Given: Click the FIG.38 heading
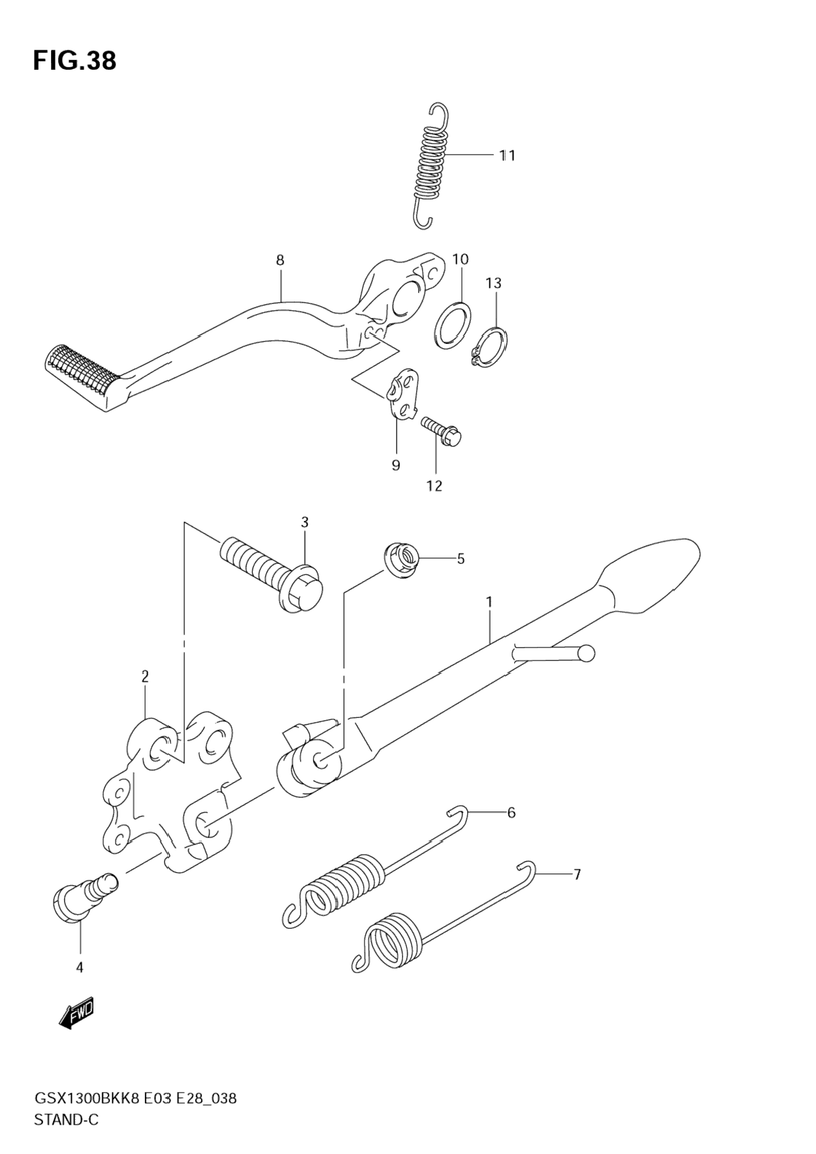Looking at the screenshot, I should coord(74,61).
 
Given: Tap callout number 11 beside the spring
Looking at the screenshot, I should coord(508,155).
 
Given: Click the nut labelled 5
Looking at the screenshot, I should coord(400,560).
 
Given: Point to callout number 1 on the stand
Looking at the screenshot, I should coord(489,601).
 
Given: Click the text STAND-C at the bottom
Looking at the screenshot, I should coord(66,1120).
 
